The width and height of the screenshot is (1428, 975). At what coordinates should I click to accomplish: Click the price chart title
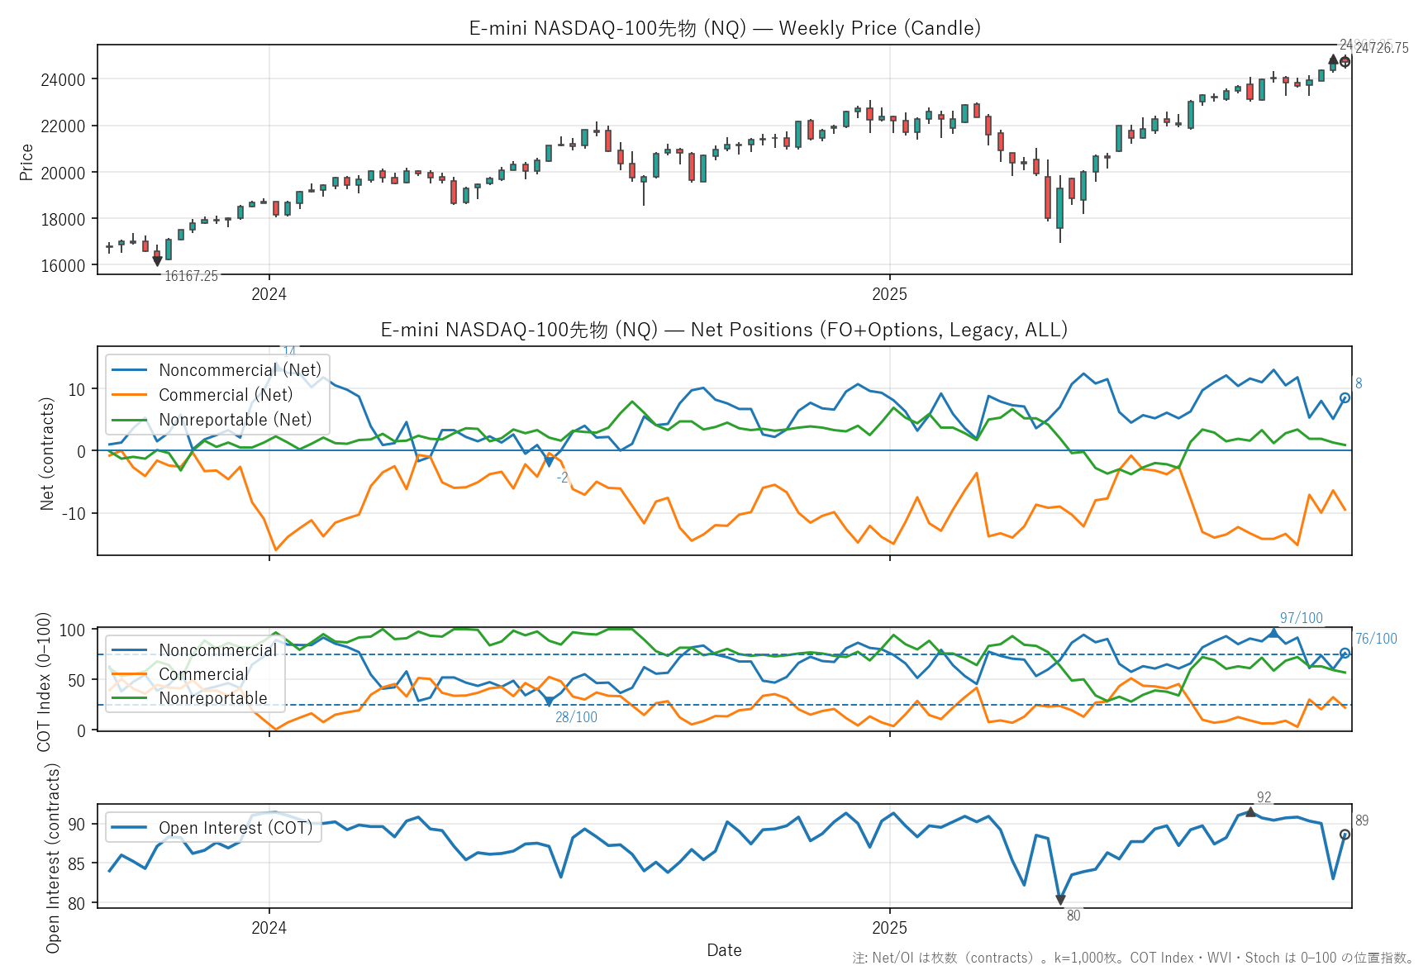725,28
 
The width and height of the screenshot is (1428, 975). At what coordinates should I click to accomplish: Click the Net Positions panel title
724,330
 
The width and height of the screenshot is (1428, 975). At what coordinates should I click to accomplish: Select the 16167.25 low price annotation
191,276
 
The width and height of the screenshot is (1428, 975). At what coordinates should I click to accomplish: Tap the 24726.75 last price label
1382,48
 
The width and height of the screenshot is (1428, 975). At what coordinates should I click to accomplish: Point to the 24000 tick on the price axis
63,80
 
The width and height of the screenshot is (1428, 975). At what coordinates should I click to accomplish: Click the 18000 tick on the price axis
63,220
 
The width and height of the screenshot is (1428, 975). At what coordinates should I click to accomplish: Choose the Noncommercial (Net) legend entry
239,370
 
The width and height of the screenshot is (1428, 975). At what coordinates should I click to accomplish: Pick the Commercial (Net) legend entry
225,395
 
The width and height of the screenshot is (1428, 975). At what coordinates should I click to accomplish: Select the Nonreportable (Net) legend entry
235,420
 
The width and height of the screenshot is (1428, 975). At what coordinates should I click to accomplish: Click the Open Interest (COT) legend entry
235,828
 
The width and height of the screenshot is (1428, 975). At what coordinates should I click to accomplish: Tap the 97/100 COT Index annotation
1301,618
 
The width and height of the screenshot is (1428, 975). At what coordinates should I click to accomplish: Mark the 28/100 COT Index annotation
576,717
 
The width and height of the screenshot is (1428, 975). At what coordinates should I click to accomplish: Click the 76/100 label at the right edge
1376,639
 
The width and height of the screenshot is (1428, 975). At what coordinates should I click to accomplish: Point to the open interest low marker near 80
1060,900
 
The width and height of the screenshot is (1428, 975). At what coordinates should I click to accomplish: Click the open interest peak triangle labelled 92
1250,812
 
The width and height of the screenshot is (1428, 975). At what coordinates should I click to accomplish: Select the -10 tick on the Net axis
75,513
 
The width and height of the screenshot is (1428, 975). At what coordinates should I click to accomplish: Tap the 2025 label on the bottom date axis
889,928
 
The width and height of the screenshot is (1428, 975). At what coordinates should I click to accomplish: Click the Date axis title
724,950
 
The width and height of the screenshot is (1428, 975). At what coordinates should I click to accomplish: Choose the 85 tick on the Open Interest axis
77,864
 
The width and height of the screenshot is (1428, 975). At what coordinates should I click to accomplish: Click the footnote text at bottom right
1133,958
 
